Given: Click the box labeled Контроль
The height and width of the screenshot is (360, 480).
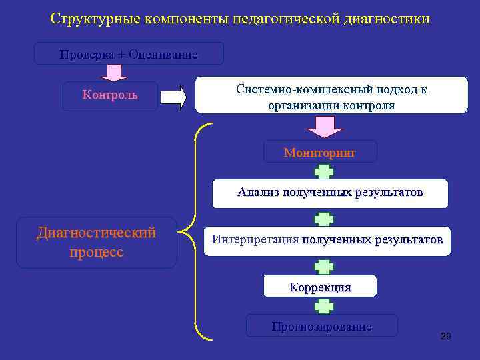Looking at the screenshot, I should click(x=110, y=95).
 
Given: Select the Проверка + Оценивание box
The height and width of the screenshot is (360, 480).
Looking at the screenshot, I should click(x=129, y=54).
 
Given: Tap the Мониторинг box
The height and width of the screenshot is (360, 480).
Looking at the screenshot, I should click(x=320, y=152).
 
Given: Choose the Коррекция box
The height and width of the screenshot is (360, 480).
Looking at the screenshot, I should click(x=320, y=287).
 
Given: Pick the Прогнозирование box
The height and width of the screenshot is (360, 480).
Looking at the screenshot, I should click(x=321, y=326).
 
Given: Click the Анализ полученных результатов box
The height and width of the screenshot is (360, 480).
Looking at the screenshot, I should click(x=330, y=193).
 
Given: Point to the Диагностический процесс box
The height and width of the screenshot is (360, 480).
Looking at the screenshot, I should click(x=96, y=243).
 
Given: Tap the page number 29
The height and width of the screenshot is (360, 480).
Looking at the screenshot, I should click(x=446, y=336).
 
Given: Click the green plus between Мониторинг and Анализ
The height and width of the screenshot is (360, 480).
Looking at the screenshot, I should click(x=324, y=171).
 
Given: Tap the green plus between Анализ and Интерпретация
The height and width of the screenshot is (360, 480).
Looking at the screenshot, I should click(x=324, y=218).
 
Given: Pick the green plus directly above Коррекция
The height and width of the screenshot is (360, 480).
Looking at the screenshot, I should click(x=324, y=267).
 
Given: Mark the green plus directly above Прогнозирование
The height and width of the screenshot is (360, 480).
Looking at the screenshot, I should click(x=324, y=306).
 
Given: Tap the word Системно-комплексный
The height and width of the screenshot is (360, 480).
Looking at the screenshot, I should click(x=295, y=89).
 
